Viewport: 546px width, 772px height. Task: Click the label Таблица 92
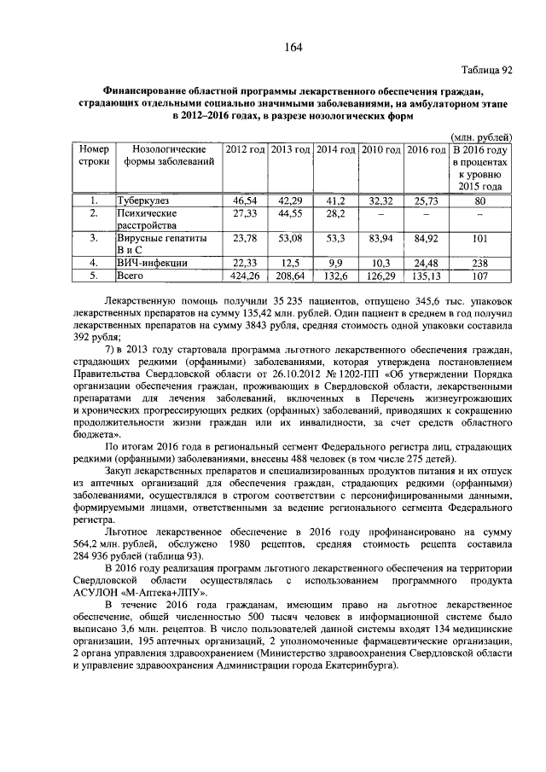[487, 71]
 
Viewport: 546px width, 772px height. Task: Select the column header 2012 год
[245, 149]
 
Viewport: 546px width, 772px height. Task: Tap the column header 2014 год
[335, 149]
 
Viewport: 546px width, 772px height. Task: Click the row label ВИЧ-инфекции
[151, 263]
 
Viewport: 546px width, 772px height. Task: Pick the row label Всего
[132, 276]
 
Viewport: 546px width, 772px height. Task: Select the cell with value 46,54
[245, 200]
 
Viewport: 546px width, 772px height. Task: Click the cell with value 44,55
[290, 212]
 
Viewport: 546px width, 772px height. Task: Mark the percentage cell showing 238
[480, 263]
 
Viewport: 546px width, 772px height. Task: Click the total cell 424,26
[245, 276]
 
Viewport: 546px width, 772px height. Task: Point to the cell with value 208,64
[290, 276]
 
